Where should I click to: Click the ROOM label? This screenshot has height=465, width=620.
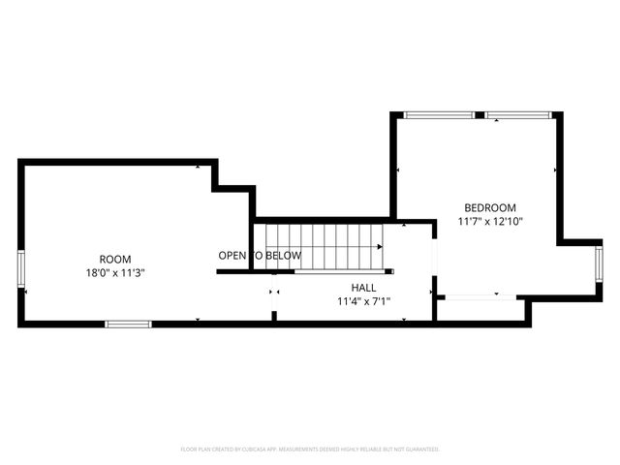pos(115,259)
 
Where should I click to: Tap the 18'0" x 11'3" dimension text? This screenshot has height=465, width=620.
pos(115,272)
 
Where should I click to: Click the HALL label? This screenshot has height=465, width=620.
pos(363,288)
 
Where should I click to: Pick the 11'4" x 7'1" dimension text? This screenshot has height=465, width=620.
pos(363,301)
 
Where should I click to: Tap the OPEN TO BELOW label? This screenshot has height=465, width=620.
pos(260,256)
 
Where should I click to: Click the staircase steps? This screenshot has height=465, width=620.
pos(320,246)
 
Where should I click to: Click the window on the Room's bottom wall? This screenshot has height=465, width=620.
pos(128,324)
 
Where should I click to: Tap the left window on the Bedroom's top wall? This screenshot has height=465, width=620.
pos(438,115)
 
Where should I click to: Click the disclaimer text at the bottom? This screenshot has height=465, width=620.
pos(310,449)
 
